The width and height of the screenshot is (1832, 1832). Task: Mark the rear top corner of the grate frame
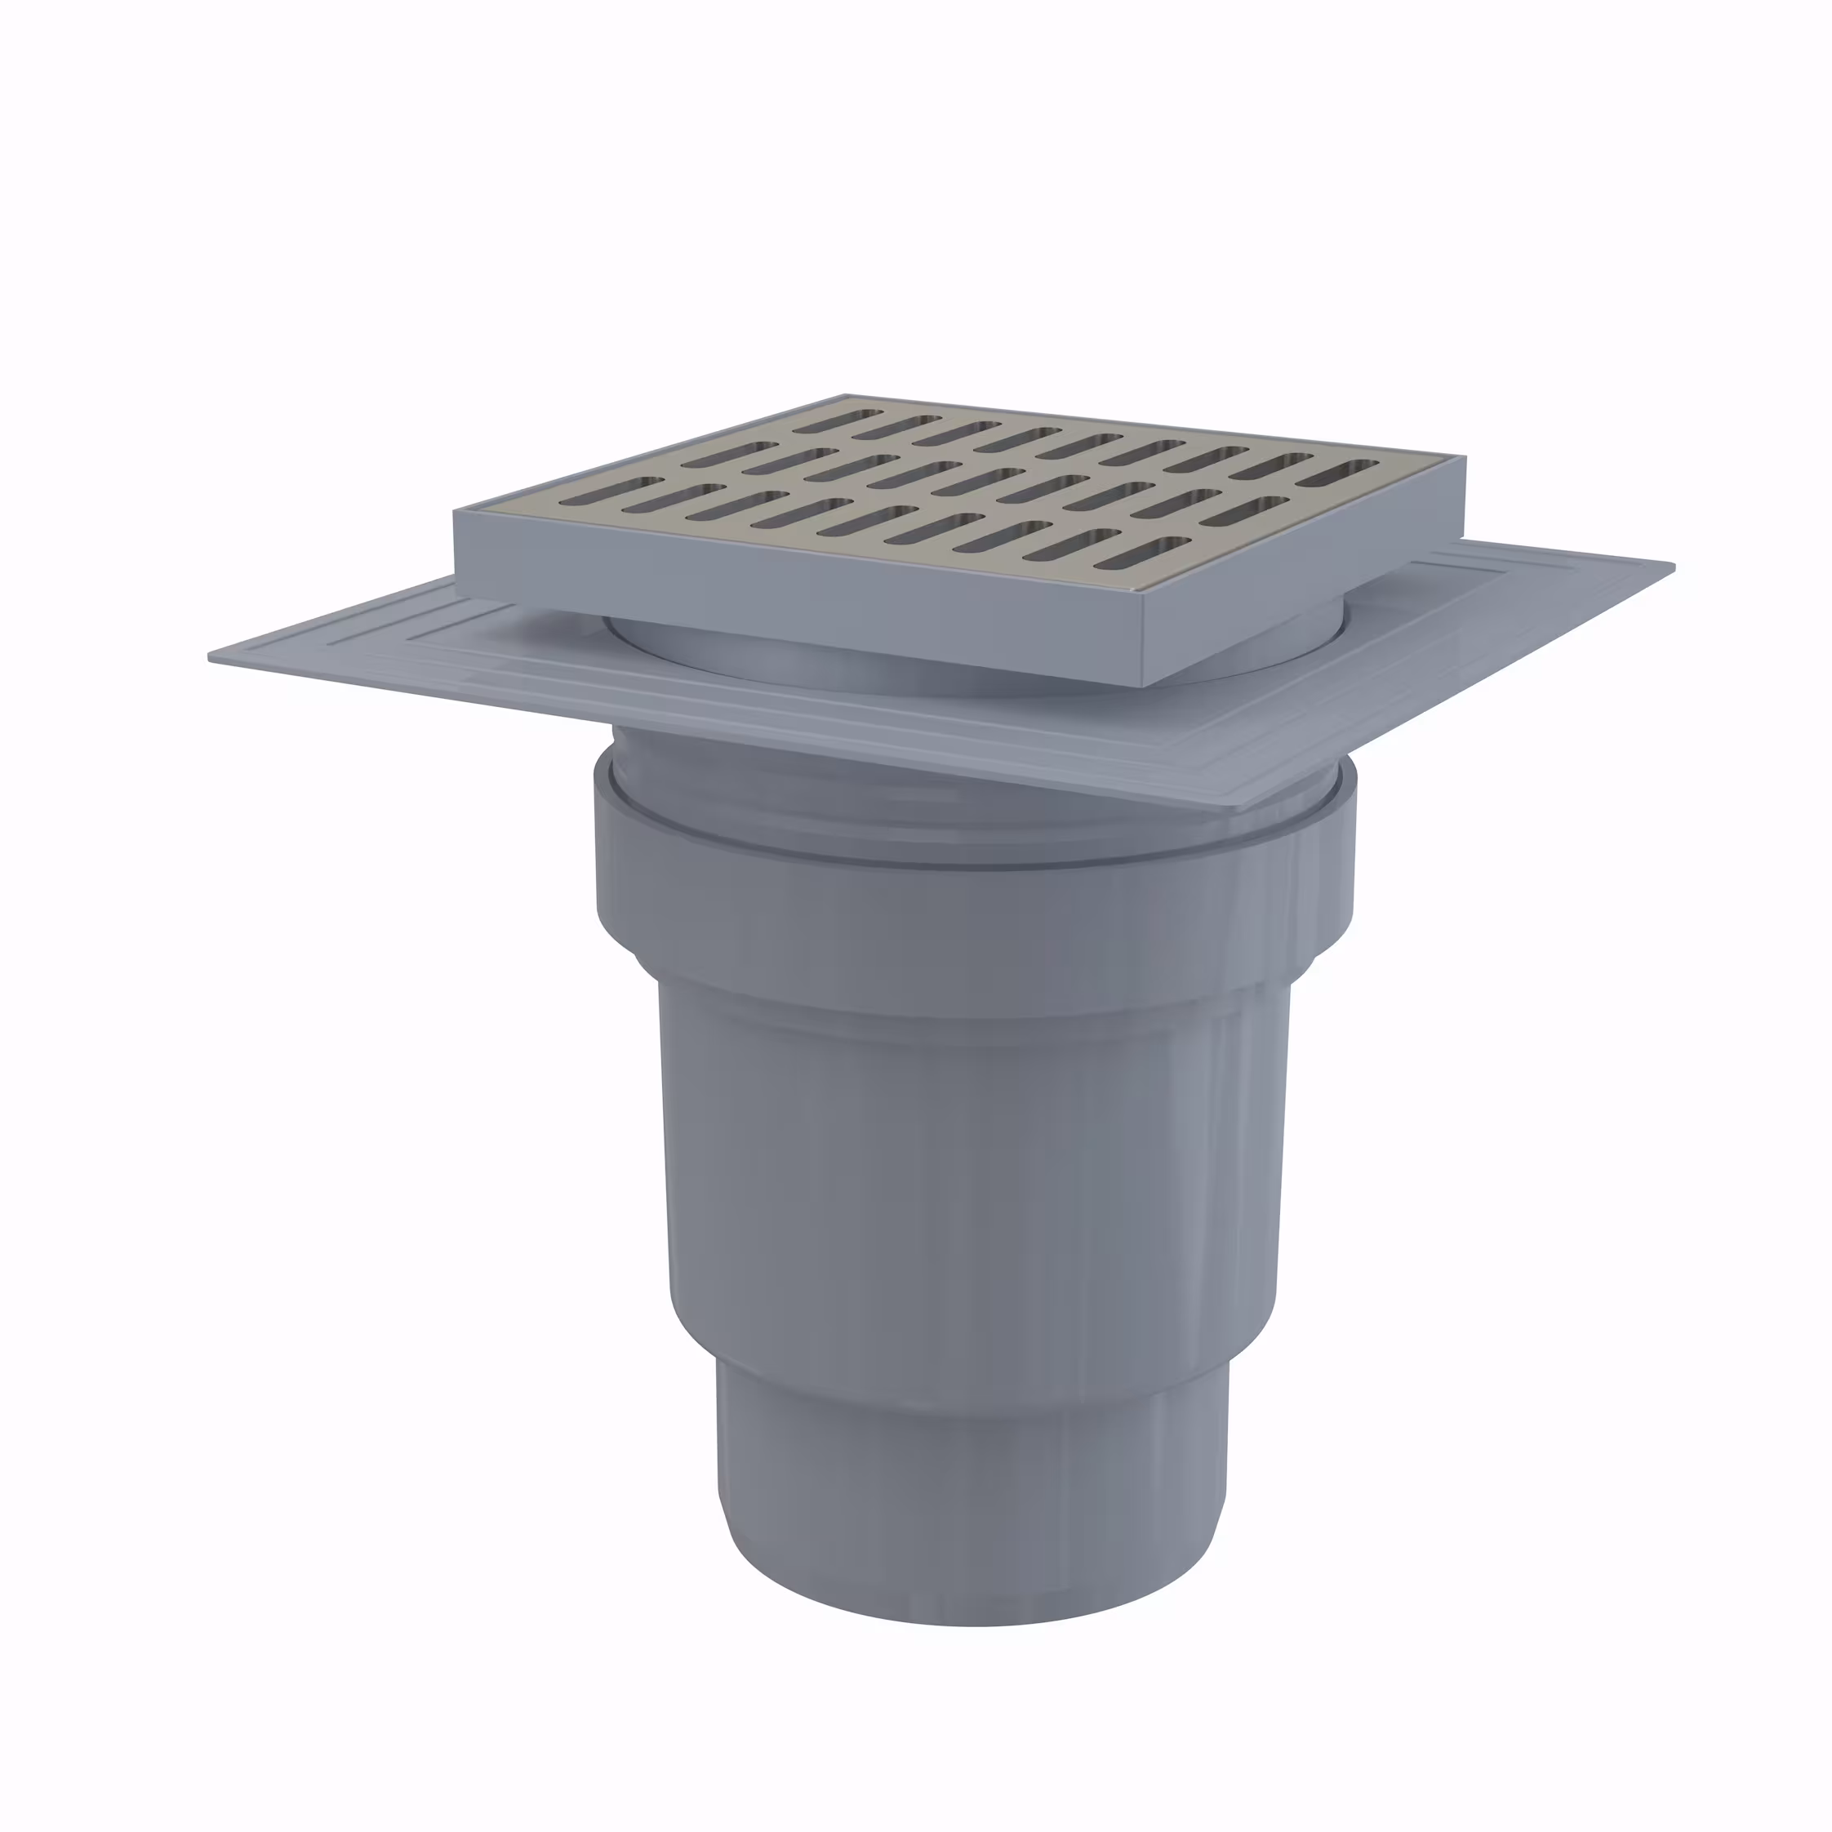click(x=845, y=397)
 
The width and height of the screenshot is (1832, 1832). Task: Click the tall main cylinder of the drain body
click(x=972, y=1185)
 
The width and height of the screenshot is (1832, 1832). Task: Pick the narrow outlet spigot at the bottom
click(x=972, y=1461)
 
